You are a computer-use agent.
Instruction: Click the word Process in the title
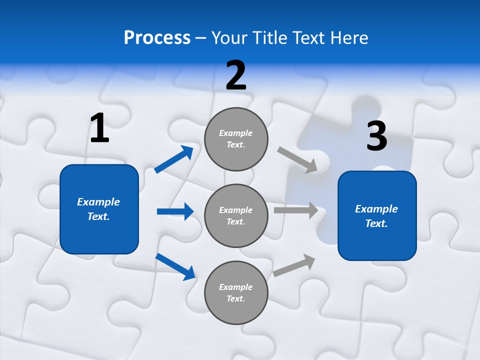(157, 37)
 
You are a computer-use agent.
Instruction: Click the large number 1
(99, 128)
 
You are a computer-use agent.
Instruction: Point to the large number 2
(236, 75)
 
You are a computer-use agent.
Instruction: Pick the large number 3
(376, 136)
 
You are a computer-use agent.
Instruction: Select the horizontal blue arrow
(175, 211)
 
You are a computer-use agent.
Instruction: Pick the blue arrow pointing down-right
(175, 266)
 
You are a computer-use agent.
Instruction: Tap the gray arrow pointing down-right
(297, 160)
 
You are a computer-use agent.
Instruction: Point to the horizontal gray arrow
(296, 210)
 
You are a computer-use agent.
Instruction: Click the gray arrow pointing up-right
(294, 265)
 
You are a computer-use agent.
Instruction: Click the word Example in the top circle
(236, 133)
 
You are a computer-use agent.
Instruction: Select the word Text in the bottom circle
(235, 298)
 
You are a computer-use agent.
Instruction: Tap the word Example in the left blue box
(98, 202)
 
